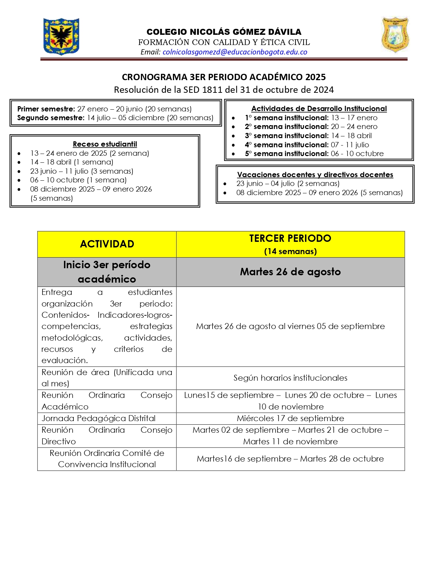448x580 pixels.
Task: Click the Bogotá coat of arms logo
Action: point(61,37)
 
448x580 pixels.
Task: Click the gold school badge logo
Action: point(395,35)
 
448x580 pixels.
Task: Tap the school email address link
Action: point(235,52)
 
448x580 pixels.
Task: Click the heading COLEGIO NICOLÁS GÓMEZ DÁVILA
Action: point(224,32)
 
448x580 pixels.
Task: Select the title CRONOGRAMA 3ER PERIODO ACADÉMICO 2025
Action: point(224,77)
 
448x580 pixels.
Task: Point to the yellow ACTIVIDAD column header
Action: point(107,244)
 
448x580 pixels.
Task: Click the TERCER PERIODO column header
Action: point(290,238)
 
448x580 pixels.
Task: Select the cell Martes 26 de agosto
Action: point(290,272)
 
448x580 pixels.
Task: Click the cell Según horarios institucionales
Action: point(290,378)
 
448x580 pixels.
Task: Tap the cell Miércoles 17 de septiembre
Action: point(290,418)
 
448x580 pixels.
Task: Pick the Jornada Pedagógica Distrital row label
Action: point(98,418)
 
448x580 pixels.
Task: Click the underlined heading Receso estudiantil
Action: point(105,144)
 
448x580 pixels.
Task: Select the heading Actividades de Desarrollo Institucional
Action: point(319,109)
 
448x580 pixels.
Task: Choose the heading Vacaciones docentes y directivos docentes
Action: point(315,175)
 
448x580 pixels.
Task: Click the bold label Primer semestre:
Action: point(46,109)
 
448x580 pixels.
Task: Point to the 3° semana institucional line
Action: point(308,136)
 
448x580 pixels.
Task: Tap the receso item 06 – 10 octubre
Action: point(78,180)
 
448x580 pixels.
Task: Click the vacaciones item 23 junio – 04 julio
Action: point(288,183)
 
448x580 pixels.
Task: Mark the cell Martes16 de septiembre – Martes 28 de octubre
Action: point(290,459)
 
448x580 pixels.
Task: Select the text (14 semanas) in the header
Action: point(290,251)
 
